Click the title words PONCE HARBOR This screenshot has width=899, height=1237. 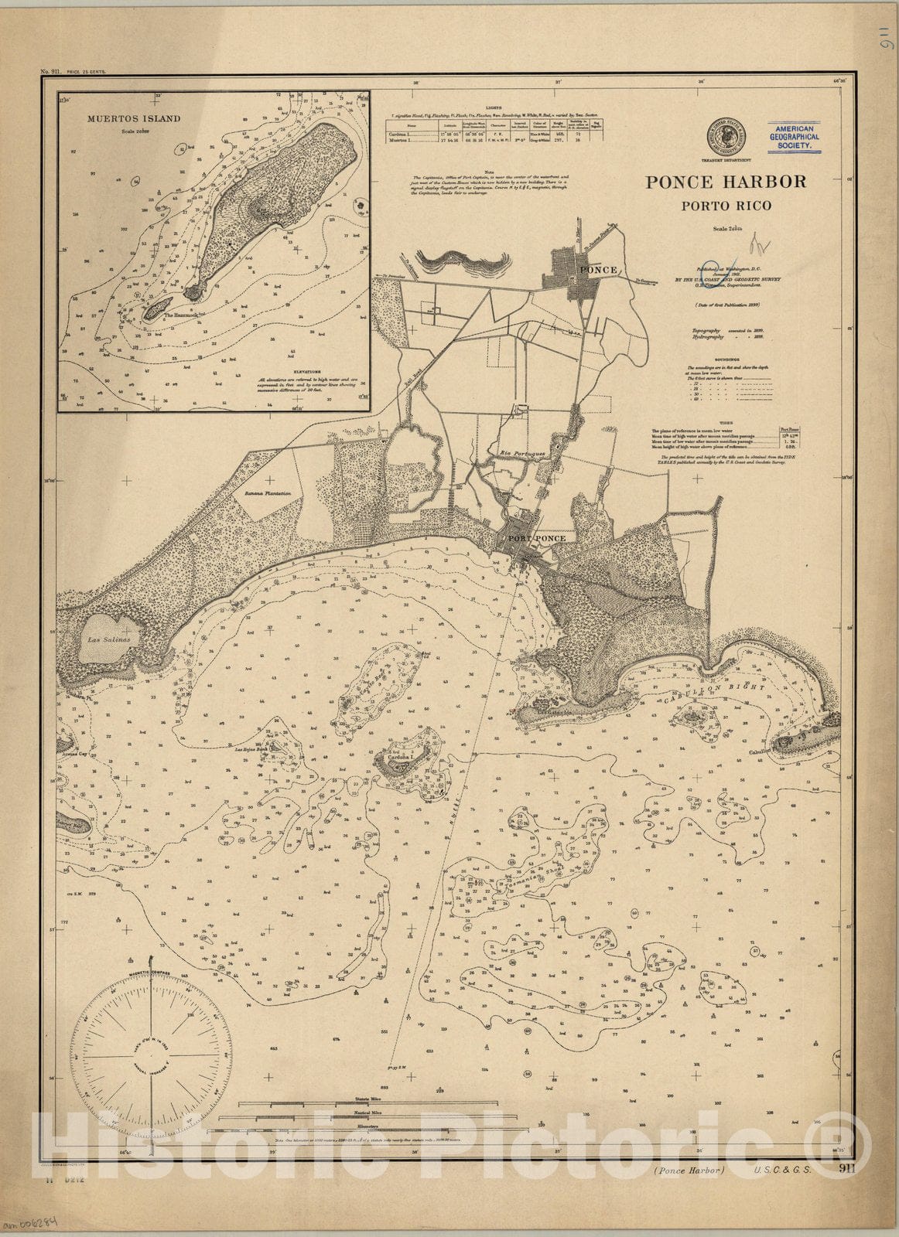(726, 182)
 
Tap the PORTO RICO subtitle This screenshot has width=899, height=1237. (726, 206)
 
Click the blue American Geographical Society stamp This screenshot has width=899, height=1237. (794, 136)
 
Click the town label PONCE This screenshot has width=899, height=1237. (599, 270)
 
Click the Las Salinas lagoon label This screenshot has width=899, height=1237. (109, 640)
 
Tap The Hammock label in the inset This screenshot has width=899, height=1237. (178, 315)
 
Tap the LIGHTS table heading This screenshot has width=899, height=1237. (493, 107)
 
